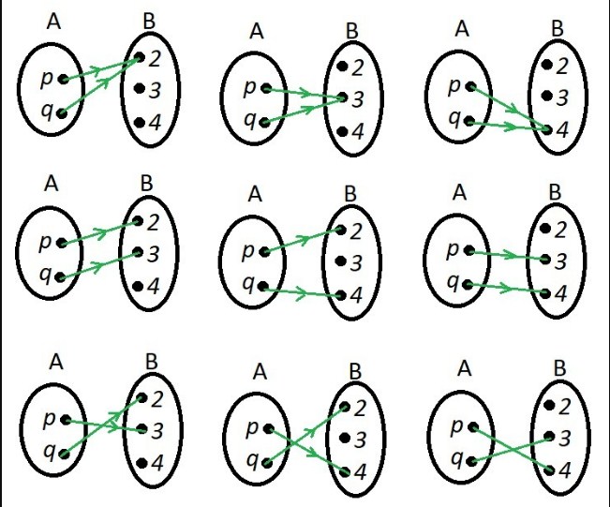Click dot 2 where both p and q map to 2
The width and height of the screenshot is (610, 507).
point(140,57)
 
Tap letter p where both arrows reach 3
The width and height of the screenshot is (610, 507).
point(250,89)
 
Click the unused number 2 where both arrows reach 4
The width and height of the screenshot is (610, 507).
point(561,66)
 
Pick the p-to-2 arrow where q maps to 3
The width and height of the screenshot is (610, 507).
point(99,232)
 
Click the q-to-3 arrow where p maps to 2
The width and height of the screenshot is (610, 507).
point(99,265)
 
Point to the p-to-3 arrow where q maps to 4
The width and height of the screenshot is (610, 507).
point(506,254)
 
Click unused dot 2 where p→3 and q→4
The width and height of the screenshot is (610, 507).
point(547,228)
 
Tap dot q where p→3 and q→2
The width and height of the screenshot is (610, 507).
point(62,454)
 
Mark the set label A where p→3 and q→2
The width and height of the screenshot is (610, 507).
point(55,361)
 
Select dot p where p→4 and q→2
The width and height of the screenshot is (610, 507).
point(267,429)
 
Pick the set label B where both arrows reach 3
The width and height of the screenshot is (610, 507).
point(351,31)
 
